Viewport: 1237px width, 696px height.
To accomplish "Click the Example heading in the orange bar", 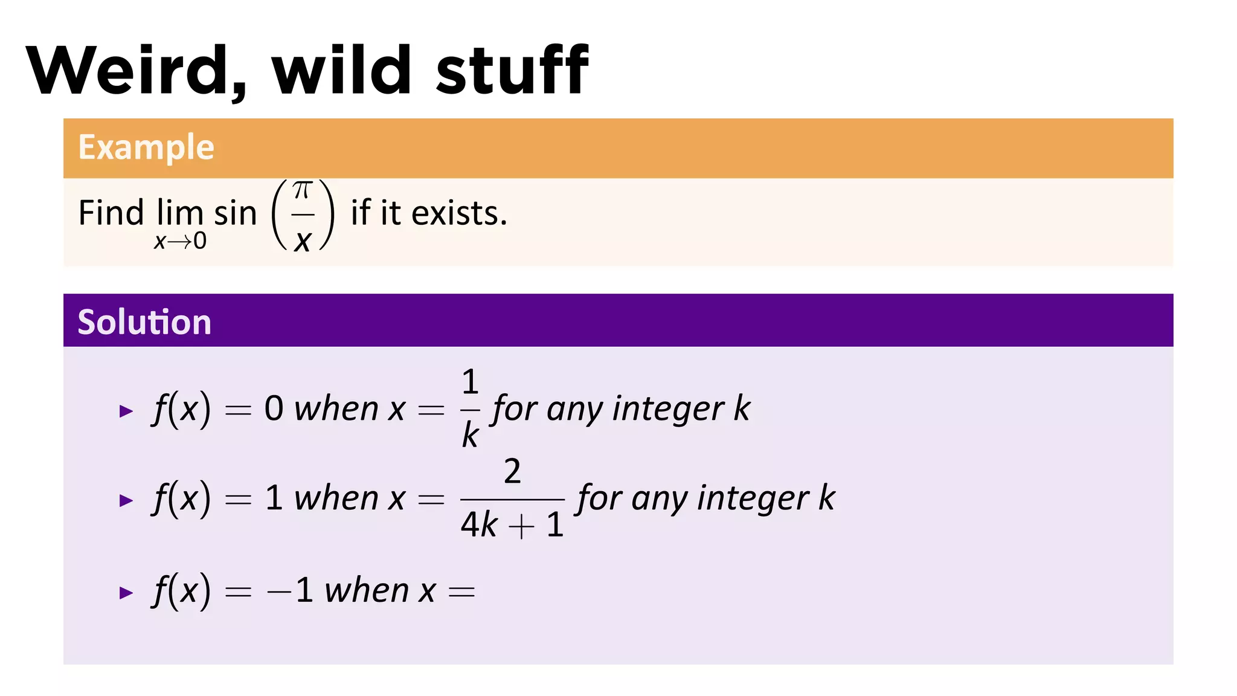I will click(x=146, y=147).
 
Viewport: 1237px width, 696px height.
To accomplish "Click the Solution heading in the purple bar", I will click(x=144, y=321).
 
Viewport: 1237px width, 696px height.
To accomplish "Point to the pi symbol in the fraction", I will click(x=302, y=191).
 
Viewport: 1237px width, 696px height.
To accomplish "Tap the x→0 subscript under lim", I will click(x=180, y=241).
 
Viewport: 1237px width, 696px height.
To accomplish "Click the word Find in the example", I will click(x=111, y=213).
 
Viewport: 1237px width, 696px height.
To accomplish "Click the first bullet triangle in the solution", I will click(x=126, y=411).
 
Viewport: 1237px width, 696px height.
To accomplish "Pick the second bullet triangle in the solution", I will click(x=126, y=500).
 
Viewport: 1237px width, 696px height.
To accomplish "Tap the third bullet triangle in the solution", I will click(x=126, y=593).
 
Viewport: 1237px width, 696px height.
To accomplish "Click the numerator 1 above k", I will click(x=470, y=382).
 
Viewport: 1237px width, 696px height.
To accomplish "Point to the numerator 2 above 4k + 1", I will click(x=512, y=471).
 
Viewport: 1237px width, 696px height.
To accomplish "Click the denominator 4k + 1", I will click(x=512, y=524).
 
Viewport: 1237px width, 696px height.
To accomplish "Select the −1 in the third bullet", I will click(x=290, y=590).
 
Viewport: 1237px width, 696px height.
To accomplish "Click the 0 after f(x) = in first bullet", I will click(x=274, y=409).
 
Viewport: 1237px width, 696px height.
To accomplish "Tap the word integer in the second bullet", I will click(x=753, y=499).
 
